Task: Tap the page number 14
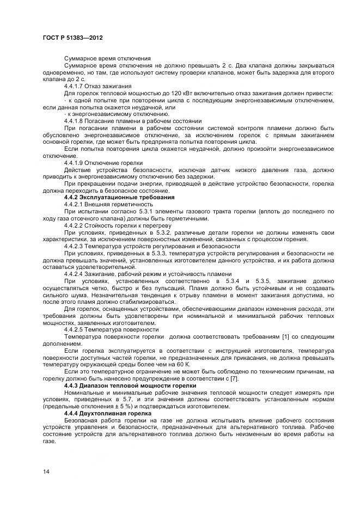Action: tap(46, 471)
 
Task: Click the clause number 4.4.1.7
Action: tap(75, 85)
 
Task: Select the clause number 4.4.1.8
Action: tap(75, 121)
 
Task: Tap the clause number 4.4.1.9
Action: tap(75, 163)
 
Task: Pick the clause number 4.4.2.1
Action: tap(75, 204)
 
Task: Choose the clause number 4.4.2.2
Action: tap(75, 225)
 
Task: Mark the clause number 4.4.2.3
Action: tap(75, 246)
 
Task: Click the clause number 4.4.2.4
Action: tap(75, 273)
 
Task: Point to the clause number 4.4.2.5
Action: tap(75, 329)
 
